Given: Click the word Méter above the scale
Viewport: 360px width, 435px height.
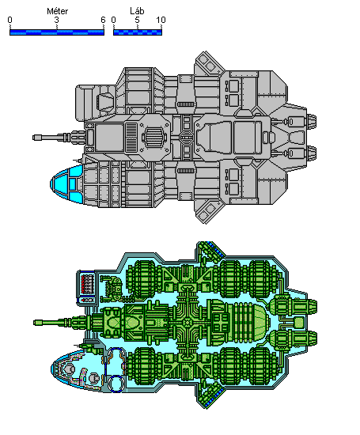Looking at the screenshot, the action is [58, 11].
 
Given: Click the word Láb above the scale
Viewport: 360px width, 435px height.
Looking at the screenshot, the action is [137, 11].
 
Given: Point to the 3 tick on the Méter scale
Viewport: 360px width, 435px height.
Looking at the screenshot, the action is [57, 20].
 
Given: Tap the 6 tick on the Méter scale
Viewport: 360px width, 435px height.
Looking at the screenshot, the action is [104, 20].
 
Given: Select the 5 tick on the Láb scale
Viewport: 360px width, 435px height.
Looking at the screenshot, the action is [137, 20].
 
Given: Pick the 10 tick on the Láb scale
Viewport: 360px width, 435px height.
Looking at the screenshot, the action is [161, 20].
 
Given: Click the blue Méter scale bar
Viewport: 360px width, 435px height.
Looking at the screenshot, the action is [57, 32].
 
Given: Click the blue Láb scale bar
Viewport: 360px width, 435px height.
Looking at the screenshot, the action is [138, 32].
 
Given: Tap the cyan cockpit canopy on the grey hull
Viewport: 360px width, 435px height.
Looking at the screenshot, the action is [66, 183].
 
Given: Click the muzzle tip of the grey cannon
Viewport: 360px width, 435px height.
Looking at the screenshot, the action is [34, 138].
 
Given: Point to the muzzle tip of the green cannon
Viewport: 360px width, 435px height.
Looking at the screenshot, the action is [35, 323].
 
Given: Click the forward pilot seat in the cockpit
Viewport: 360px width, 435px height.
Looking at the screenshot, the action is [68, 369].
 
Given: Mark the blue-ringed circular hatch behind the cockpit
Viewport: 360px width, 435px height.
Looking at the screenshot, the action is [116, 383].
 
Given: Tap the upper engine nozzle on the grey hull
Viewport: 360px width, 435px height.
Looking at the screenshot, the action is [312, 122].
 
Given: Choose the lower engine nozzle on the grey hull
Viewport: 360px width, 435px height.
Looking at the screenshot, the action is [312, 153].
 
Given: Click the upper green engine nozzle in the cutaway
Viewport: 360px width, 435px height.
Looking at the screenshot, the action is [312, 307].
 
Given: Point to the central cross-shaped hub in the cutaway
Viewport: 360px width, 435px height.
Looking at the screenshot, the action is [188, 323].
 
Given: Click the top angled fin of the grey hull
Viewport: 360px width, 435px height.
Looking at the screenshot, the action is [209, 64].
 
